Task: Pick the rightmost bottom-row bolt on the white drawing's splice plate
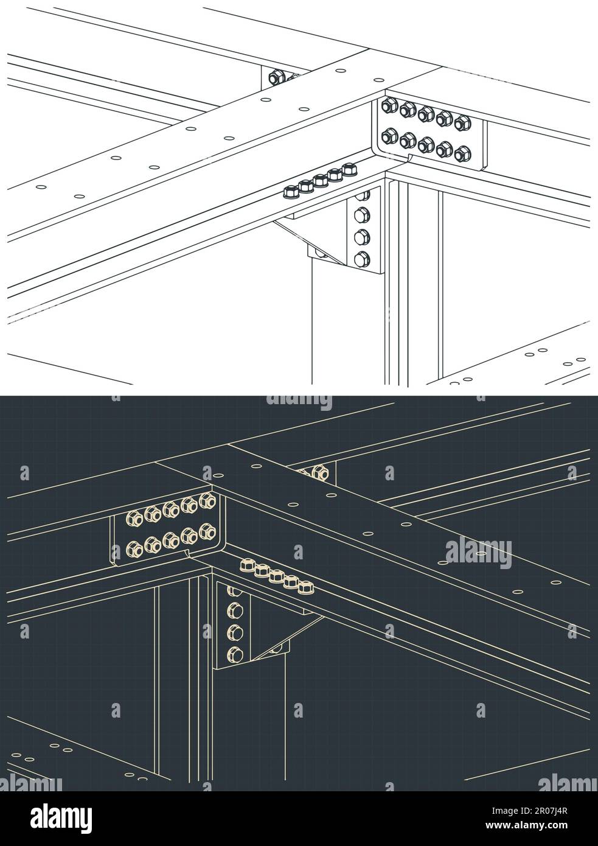click(x=463, y=153)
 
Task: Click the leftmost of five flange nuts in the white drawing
click(x=290, y=192)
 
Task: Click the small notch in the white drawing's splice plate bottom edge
click(x=409, y=159)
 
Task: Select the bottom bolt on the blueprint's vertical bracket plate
click(x=234, y=655)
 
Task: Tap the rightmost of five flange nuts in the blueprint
click(x=305, y=588)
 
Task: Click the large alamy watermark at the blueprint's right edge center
click(x=478, y=551)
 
